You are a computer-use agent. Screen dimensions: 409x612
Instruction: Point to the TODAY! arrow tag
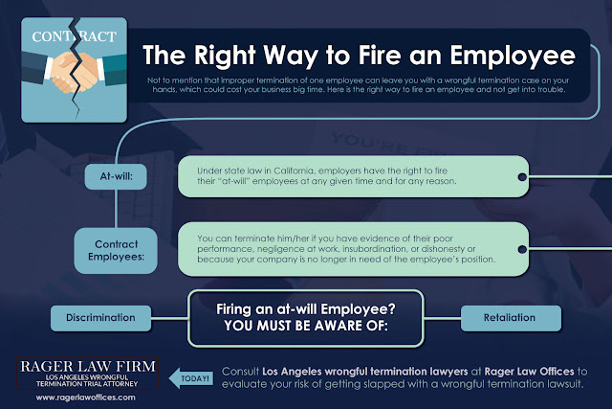pyautogui.click(x=192, y=377)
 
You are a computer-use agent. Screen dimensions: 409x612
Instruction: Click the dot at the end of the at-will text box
pyautogui.click(x=521, y=176)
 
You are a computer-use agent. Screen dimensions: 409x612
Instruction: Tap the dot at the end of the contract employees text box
pyautogui.click(x=521, y=246)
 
